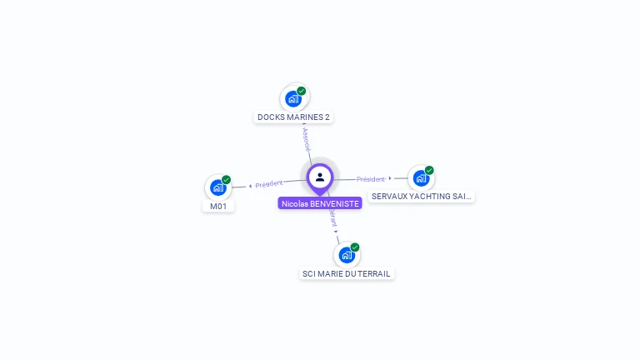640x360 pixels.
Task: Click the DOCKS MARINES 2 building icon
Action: pyautogui.click(x=293, y=99)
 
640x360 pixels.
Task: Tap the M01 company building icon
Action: pyautogui.click(x=218, y=187)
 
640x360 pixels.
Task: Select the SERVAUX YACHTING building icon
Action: pyautogui.click(x=421, y=178)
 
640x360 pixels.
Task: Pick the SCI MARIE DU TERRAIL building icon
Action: pyautogui.click(x=347, y=255)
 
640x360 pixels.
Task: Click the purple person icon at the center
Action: pyautogui.click(x=320, y=177)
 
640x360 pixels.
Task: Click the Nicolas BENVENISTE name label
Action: pyautogui.click(x=320, y=203)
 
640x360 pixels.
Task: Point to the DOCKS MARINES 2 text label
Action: pyautogui.click(x=293, y=117)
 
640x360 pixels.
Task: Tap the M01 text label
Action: pyautogui.click(x=218, y=206)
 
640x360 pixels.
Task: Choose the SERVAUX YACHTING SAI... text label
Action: pyautogui.click(x=422, y=197)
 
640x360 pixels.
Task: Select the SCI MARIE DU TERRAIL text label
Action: pyautogui.click(x=347, y=273)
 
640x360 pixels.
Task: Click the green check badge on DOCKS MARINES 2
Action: pyautogui.click(x=302, y=91)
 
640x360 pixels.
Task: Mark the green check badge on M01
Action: pyautogui.click(x=227, y=180)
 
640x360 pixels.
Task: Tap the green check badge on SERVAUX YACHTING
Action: pyautogui.click(x=429, y=170)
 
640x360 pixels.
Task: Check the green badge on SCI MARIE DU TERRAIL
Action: pyautogui.click(x=355, y=247)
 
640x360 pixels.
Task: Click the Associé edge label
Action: pyautogui.click(x=306, y=138)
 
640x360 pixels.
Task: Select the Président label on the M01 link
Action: pyautogui.click(x=269, y=184)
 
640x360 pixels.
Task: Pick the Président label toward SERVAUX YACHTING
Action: pyautogui.click(x=371, y=179)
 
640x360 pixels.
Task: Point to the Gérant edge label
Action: pyautogui.click(x=332, y=216)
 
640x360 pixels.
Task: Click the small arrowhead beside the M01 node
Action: pyautogui.click(x=250, y=186)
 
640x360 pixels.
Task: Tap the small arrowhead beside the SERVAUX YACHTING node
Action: pyautogui.click(x=390, y=178)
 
